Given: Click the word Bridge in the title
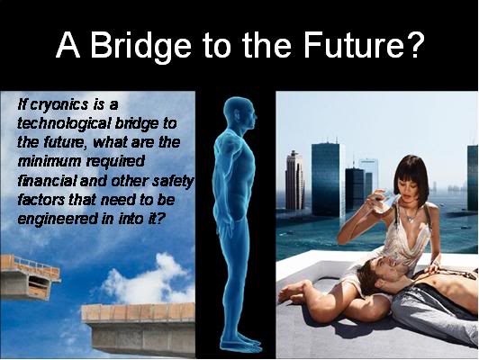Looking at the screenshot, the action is coord(140,45).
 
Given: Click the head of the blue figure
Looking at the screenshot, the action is coord(239,112).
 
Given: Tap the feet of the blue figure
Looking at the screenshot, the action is coord(243,345).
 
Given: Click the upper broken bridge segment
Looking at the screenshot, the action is coord(30,277).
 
